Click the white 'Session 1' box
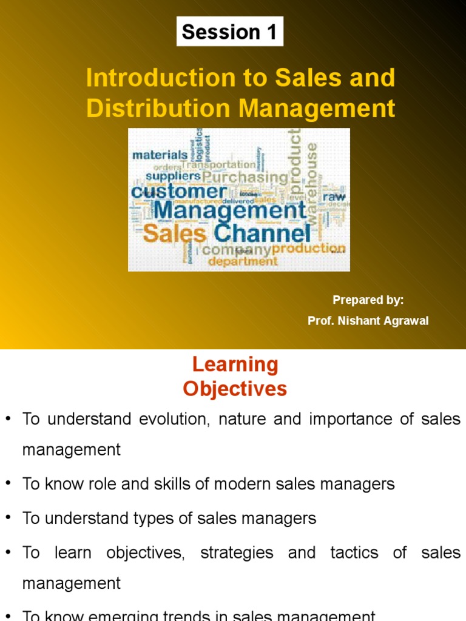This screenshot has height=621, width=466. pyautogui.click(x=230, y=32)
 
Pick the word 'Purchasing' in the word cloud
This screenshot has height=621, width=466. pyautogui.click(x=245, y=178)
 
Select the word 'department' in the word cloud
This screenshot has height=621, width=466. pyautogui.click(x=243, y=262)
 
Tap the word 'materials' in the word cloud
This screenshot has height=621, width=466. pyautogui.click(x=160, y=155)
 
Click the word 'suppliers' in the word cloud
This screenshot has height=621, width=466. pyautogui.click(x=173, y=176)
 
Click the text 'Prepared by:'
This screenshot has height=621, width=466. pyautogui.click(x=368, y=300)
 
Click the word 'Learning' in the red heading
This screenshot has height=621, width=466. pyautogui.click(x=235, y=364)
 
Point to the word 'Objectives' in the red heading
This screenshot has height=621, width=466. pyautogui.click(x=235, y=389)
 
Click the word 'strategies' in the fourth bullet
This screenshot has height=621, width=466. pyautogui.click(x=237, y=552)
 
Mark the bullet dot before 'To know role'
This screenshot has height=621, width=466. pyautogui.click(x=8, y=483)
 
